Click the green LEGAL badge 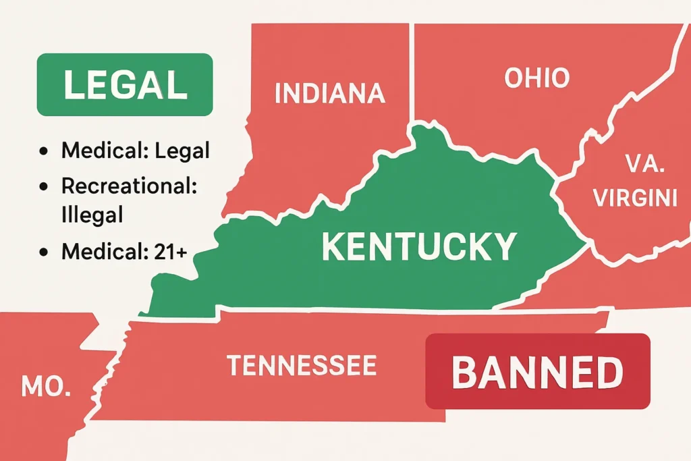tap(124, 84)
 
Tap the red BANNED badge tap(537, 371)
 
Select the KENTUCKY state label tap(419, 246)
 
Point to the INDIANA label tap(330, 93)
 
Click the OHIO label tap(537, 78)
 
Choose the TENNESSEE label tap(302, 365)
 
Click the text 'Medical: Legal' tap(135, 151)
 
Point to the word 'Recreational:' tap(129, 186)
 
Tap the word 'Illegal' tap(92, 215)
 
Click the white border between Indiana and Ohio tap(411, 74)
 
